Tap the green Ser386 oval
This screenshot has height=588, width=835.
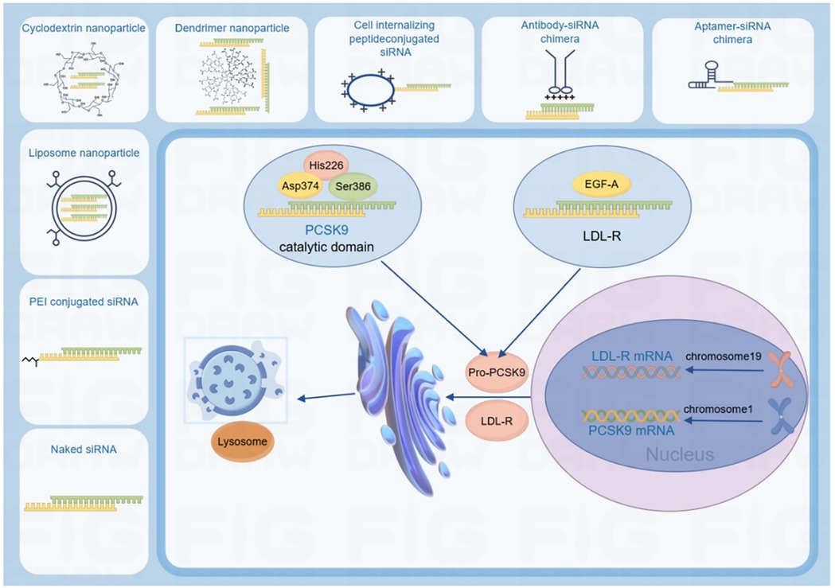coord(353,185)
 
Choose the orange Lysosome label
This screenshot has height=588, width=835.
coord(243,439)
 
